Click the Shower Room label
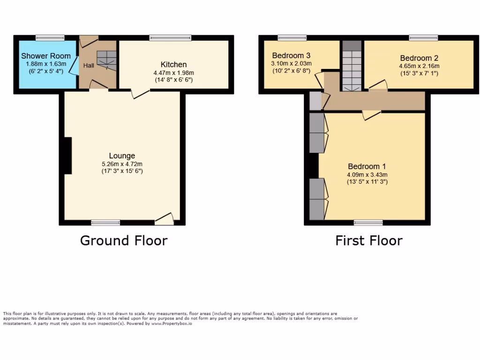tap(46, 56)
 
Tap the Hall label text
tap(89, 66)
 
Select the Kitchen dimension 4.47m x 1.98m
tap(173, 73)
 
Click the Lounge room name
tap(122, 156)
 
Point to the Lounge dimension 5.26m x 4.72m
tap(122, 164)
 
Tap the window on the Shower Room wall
tap(50, 38)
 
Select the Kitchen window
tap(170, 38)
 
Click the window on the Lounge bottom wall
tap(105, 223)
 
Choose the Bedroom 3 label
tap(291, 55)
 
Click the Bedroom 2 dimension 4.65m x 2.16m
tap(419, 66)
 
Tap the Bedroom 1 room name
tap(367, 166)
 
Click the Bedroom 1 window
tap(368, 223)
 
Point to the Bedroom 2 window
tap(423, 38)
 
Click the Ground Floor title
tap(124, 240)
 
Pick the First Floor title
tap(368, 240)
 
